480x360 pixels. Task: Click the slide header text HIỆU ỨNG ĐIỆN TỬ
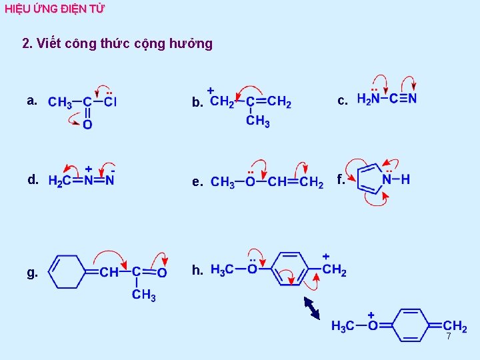[55, 9]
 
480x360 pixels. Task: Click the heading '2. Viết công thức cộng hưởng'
[117, 44]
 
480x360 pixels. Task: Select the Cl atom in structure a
[110, 103]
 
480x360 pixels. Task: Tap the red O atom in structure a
[87, 125]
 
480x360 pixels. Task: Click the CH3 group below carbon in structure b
[257, 121]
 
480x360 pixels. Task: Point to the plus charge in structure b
[211, 89]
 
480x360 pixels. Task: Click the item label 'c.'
[343, 101]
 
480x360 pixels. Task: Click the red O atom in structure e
[250, 182]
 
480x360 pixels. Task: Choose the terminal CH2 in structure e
[312, 182]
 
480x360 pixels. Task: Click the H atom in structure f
[405, 179]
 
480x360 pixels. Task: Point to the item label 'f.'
[341, 179]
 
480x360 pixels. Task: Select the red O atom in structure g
[161, 272]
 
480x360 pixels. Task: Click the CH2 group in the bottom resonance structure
[455, 327]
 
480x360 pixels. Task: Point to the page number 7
[449, 337]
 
